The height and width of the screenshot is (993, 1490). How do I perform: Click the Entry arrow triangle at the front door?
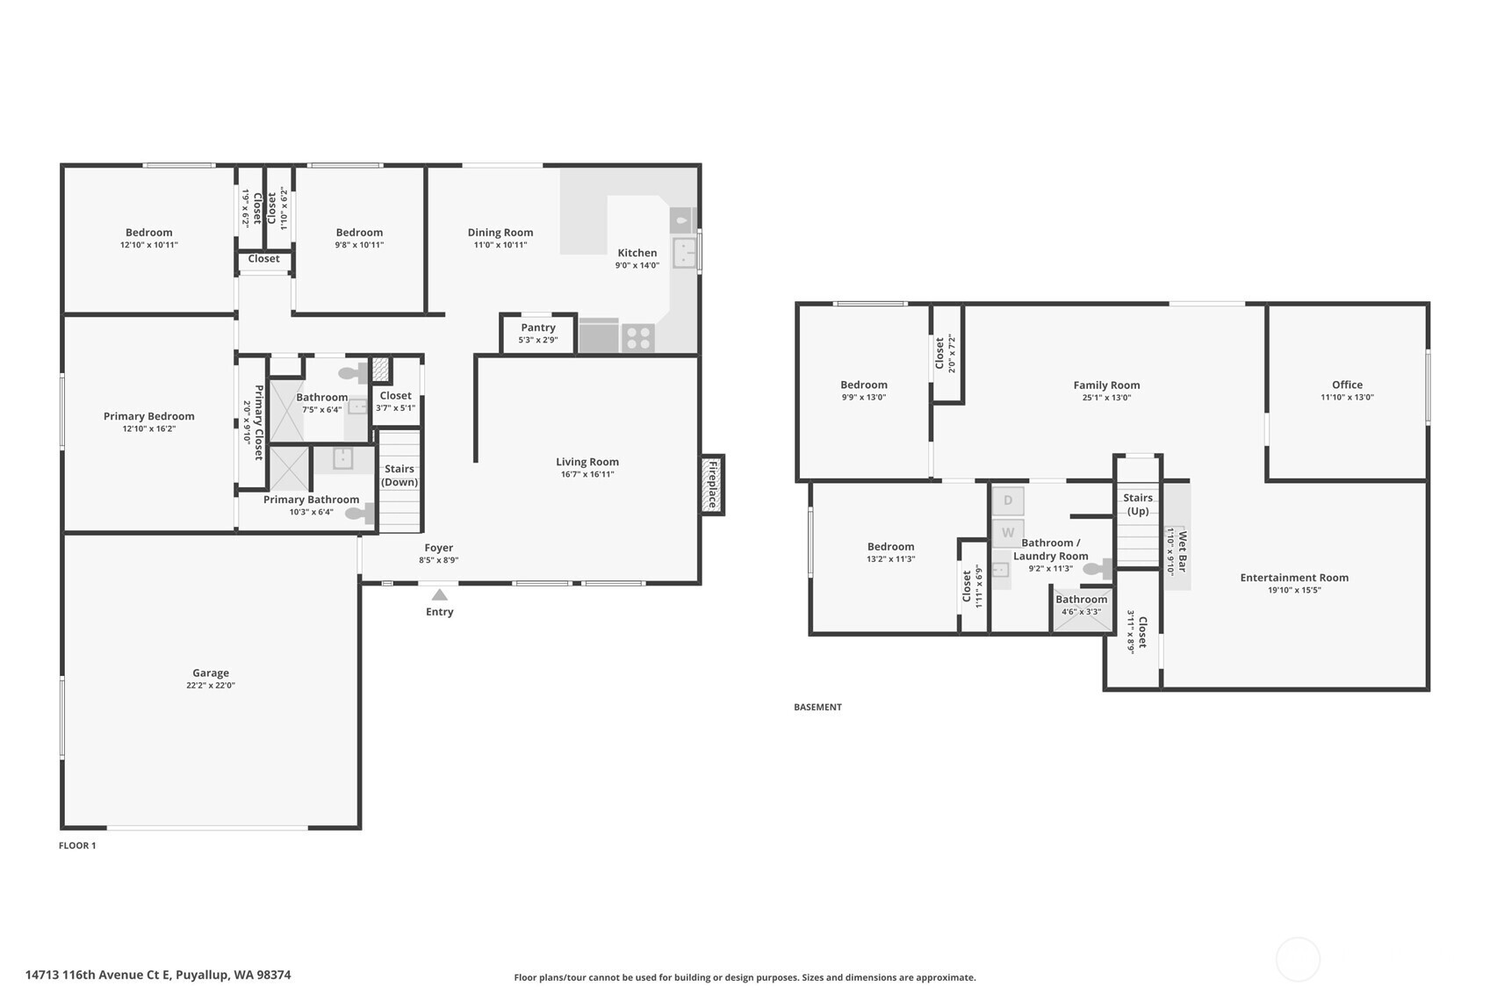pos(440,594)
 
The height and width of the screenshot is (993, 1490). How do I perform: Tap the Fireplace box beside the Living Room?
pos(712,484)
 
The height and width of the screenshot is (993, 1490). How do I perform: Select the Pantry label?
pos(538,327)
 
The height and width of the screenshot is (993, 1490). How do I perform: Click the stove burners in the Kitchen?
pos(638,338)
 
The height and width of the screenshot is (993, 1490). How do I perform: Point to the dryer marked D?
pos(1008,500)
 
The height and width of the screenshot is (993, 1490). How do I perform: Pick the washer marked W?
pos(1008,533)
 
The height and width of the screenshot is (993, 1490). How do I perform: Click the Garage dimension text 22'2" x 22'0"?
pos(211,685)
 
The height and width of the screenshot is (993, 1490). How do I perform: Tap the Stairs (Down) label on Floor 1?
pos(399,476)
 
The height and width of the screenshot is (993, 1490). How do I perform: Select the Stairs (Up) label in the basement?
pos(1138,504)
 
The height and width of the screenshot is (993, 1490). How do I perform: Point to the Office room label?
pos(1347,385)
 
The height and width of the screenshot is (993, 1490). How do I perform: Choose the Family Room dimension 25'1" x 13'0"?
pos(1106,398)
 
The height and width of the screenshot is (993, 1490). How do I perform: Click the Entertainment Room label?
pos(1294,578)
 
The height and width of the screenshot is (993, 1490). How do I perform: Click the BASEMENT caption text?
pos(817,707)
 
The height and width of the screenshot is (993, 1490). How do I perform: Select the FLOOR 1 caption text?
pos(77,845)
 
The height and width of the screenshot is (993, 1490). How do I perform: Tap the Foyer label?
pos(439,547)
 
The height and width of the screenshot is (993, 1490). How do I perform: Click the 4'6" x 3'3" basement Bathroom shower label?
pos(1082,612)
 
